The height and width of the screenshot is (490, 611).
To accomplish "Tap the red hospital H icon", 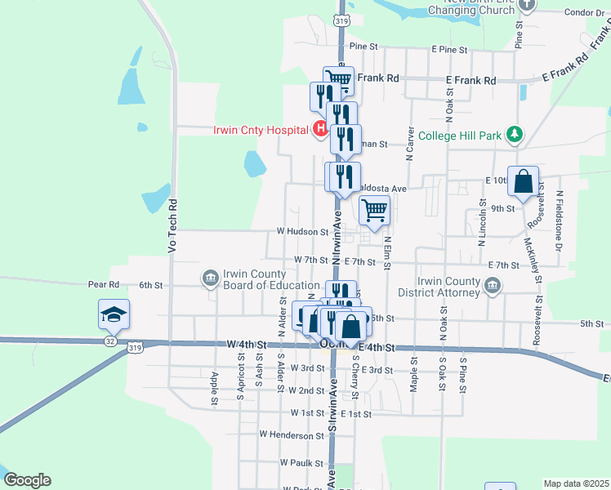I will click(320, 129).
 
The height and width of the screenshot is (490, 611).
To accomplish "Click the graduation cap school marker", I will click(114, 314).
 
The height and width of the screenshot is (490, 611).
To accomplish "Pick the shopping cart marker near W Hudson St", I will click(374, 210).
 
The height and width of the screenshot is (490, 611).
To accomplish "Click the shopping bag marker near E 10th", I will click(524, 182).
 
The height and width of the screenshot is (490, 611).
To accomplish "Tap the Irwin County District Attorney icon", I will click(492, 285).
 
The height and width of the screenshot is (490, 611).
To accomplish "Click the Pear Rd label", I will click(104, 285).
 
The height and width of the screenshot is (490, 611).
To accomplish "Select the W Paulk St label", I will click(301, 462).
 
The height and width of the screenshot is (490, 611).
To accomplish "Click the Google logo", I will click(27, 480).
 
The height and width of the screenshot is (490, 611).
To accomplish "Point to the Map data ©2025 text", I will click(576, 483).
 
